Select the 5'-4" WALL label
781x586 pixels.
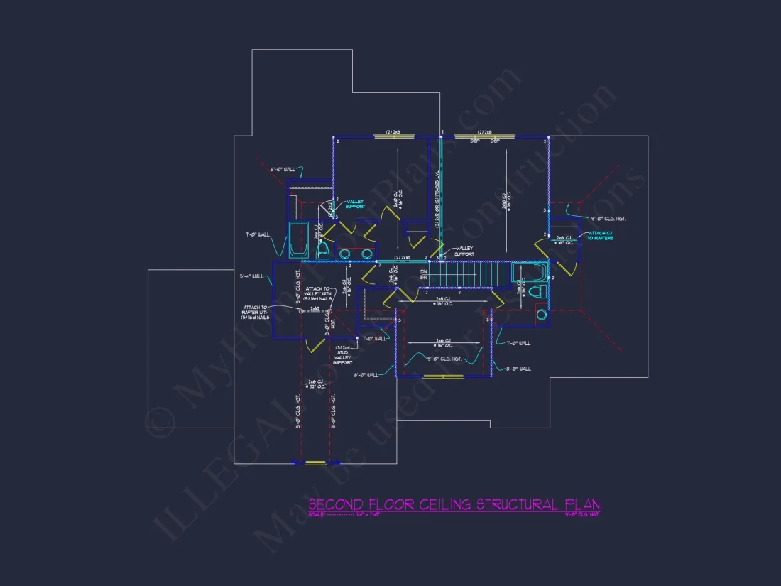tap(253, 276)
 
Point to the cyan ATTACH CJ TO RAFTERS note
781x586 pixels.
tap(600, 235)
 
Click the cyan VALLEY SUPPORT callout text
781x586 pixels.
tap(355, 204)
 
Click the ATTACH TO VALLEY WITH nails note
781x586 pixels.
tap(319, 294)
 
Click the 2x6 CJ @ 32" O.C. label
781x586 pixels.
tap(316, 384)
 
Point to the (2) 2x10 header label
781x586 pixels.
tap(403, 258)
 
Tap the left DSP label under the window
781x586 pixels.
tap(475, 141)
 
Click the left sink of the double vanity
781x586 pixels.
tap(346, 254)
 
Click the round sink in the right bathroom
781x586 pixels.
tap(541, 313)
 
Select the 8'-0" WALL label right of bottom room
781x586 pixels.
tap(518, 369)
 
